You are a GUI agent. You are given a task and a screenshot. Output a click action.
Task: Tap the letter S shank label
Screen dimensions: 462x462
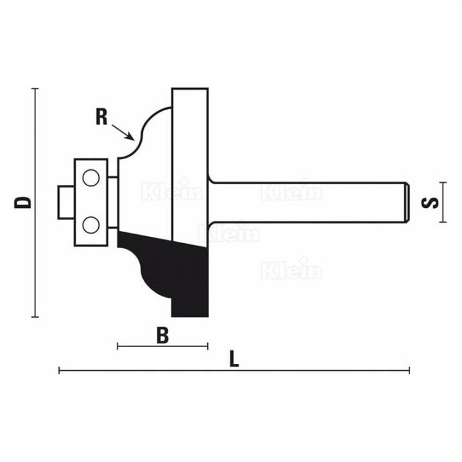pos(434,203)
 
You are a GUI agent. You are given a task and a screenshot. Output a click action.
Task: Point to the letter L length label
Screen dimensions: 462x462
pos(235,360)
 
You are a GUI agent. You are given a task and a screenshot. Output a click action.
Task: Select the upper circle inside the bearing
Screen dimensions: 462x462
pos(91,176)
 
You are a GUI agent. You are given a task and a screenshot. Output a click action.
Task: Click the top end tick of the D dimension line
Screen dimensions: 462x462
pos(35,88)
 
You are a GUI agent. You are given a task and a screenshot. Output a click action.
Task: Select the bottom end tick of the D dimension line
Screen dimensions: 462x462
pos(35,317)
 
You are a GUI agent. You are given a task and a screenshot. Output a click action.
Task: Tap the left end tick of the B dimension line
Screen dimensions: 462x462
pos(119,346)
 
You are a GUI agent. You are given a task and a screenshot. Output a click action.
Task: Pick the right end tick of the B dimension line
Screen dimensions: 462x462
pos(208,346)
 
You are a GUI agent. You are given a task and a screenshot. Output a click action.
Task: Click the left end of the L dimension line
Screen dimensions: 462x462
pos(59,370)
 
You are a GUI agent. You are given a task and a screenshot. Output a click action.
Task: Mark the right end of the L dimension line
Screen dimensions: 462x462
pos(409,370)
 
